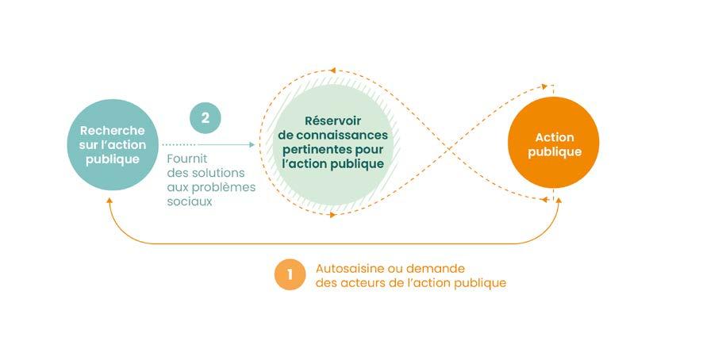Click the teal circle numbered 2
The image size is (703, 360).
(206, 118)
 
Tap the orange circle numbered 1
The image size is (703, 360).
(290, 274)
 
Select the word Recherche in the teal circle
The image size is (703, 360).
(113, 131)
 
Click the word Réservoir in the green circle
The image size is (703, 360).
(332, 121)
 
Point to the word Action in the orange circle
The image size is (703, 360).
(554, 137)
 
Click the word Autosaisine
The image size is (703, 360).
(350, 269)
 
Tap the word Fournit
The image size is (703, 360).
(187, 159)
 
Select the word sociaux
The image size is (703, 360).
(190, 201)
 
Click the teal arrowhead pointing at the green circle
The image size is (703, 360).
(252, 144)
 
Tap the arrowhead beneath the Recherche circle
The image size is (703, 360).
(109, 201)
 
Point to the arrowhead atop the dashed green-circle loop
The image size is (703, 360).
(332, 70)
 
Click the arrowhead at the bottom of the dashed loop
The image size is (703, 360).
(332, 215)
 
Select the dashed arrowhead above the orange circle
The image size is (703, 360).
(544, 86)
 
